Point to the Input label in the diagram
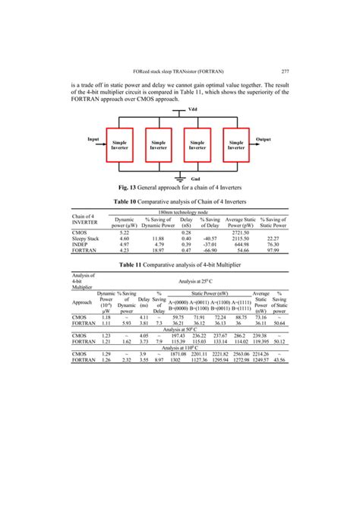pos(93,139)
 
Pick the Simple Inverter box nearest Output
pos(236,144)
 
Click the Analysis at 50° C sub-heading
pos(179,329)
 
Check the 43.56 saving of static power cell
pos(279,359)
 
